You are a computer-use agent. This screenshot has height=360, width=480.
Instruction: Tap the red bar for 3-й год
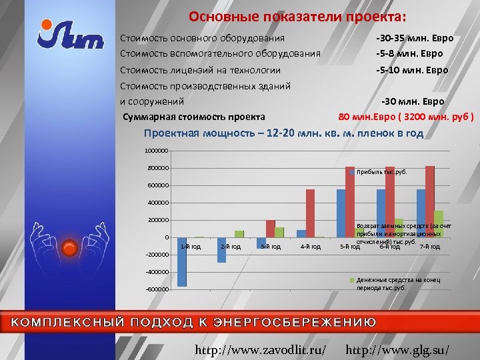[x=270, y=229]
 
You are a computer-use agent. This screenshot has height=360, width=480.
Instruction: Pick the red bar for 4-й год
[x=310, y=213]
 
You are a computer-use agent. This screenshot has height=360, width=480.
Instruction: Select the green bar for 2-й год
[x=239, y=234]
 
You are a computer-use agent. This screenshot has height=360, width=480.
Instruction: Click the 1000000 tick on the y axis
[x=157, y=151]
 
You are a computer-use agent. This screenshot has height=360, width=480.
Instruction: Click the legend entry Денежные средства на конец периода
[x=397, y=283]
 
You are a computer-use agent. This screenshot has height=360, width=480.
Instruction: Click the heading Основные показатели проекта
[x=297, y=15]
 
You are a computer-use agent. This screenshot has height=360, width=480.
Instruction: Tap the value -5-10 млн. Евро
[x=412, y=69]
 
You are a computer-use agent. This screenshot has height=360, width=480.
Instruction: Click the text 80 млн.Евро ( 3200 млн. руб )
[x=406, y=117]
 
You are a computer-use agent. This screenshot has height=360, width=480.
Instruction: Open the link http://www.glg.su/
[x=398, y=349]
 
